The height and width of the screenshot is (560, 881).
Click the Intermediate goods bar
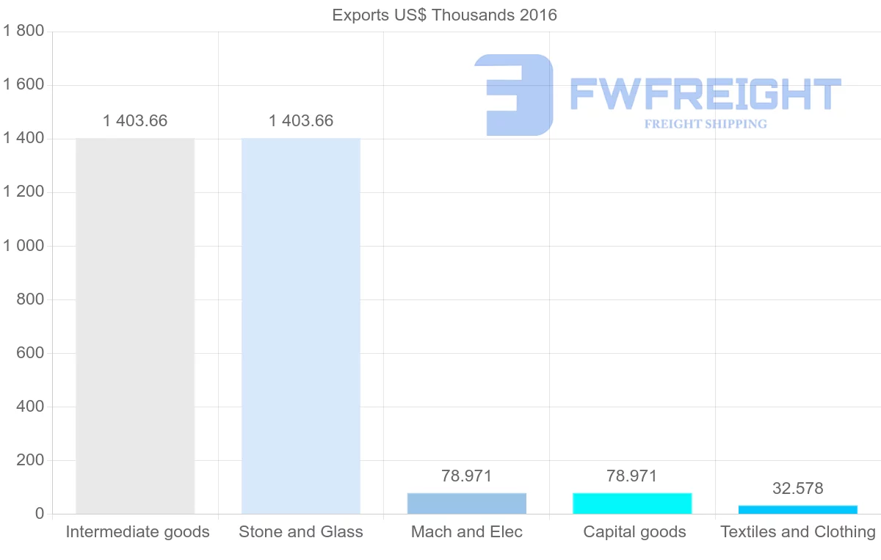point(135,326)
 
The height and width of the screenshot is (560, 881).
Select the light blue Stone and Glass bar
point(301,326)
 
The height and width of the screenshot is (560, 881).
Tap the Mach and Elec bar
point(467,503)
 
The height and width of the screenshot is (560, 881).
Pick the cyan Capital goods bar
point(632,503)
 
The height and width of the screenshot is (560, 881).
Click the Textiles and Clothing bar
point(798,509)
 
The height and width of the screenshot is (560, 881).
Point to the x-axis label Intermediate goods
point(137,532)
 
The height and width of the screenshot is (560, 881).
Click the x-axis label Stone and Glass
point(301,532)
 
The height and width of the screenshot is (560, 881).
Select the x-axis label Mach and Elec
point(467,532)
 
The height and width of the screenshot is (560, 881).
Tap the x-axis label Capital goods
point(634,532)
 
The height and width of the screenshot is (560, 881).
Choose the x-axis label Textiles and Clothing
point(798,532)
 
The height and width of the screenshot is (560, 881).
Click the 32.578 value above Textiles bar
point(798,488)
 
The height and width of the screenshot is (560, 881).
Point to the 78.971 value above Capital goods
point(632,476)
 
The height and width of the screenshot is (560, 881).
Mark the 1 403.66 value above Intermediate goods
point(135,121)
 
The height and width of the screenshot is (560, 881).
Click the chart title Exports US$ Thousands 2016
point(444,15)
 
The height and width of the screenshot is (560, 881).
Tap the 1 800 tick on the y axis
point(24,31)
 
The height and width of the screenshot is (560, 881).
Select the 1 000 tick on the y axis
point(24,246)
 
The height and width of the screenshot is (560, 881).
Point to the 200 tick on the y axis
point(30,460)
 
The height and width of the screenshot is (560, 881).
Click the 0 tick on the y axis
point(39,514)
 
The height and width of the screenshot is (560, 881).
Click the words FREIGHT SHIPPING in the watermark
point(706,124)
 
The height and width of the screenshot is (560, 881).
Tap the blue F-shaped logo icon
point(514,95)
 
